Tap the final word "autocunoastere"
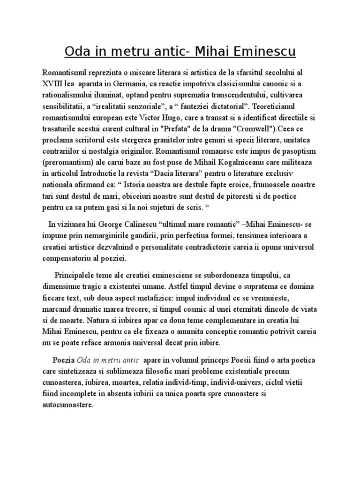(67, 405)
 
